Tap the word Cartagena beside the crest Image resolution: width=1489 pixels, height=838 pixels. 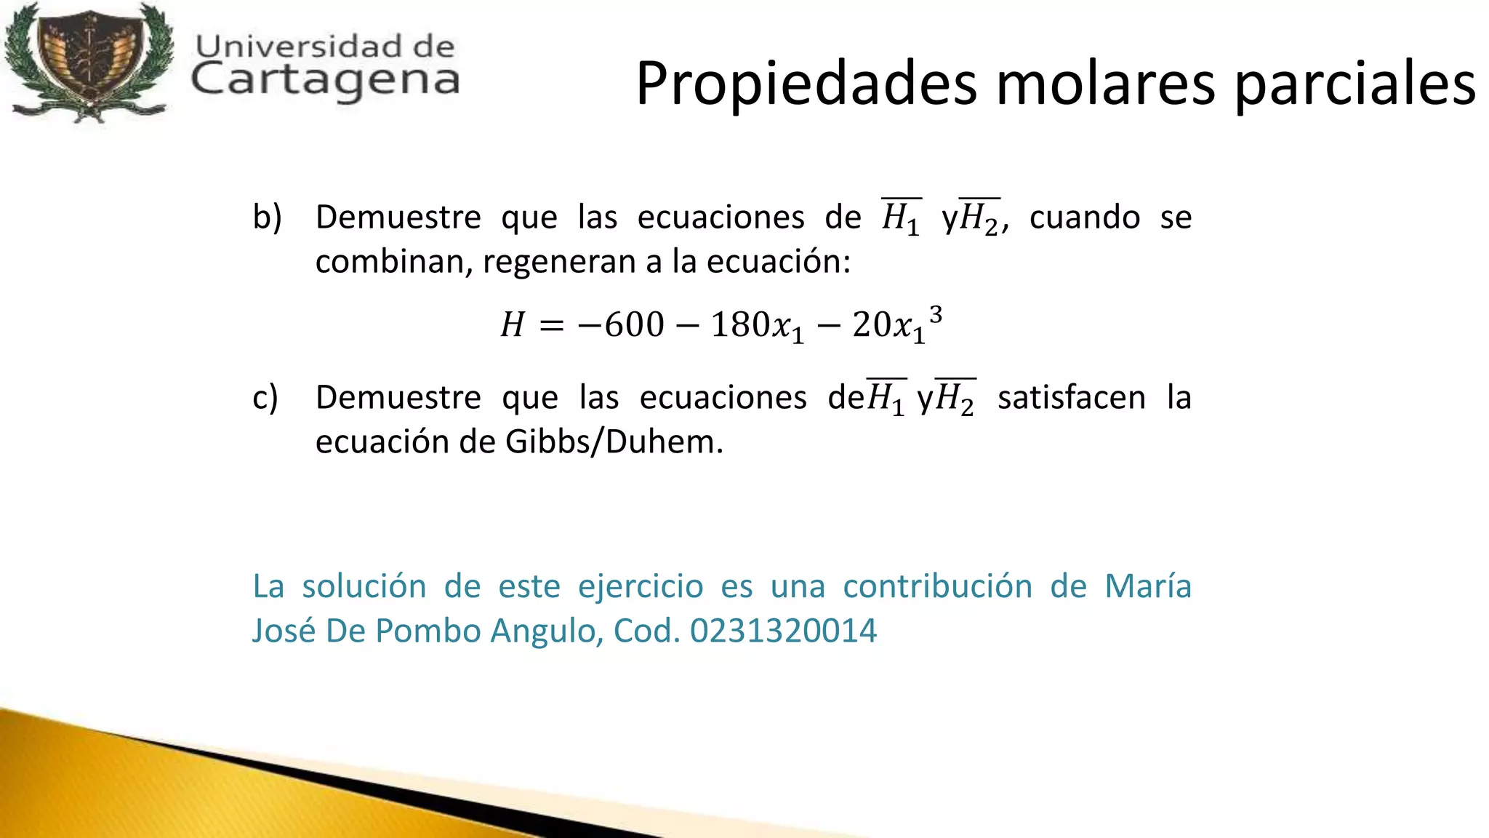325,80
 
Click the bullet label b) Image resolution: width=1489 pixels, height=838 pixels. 267,217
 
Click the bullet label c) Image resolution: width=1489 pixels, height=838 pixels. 265,397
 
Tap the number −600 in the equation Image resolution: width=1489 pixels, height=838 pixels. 621,324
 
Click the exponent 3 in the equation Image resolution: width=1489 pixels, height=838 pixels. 936,314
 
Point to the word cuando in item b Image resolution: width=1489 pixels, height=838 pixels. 1084,217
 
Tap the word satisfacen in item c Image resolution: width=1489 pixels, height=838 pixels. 1071,397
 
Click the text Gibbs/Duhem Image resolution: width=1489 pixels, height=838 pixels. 614,442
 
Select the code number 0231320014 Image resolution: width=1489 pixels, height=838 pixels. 783,631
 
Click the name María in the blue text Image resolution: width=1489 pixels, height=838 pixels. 1147,586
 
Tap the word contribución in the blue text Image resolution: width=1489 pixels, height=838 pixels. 937,586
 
